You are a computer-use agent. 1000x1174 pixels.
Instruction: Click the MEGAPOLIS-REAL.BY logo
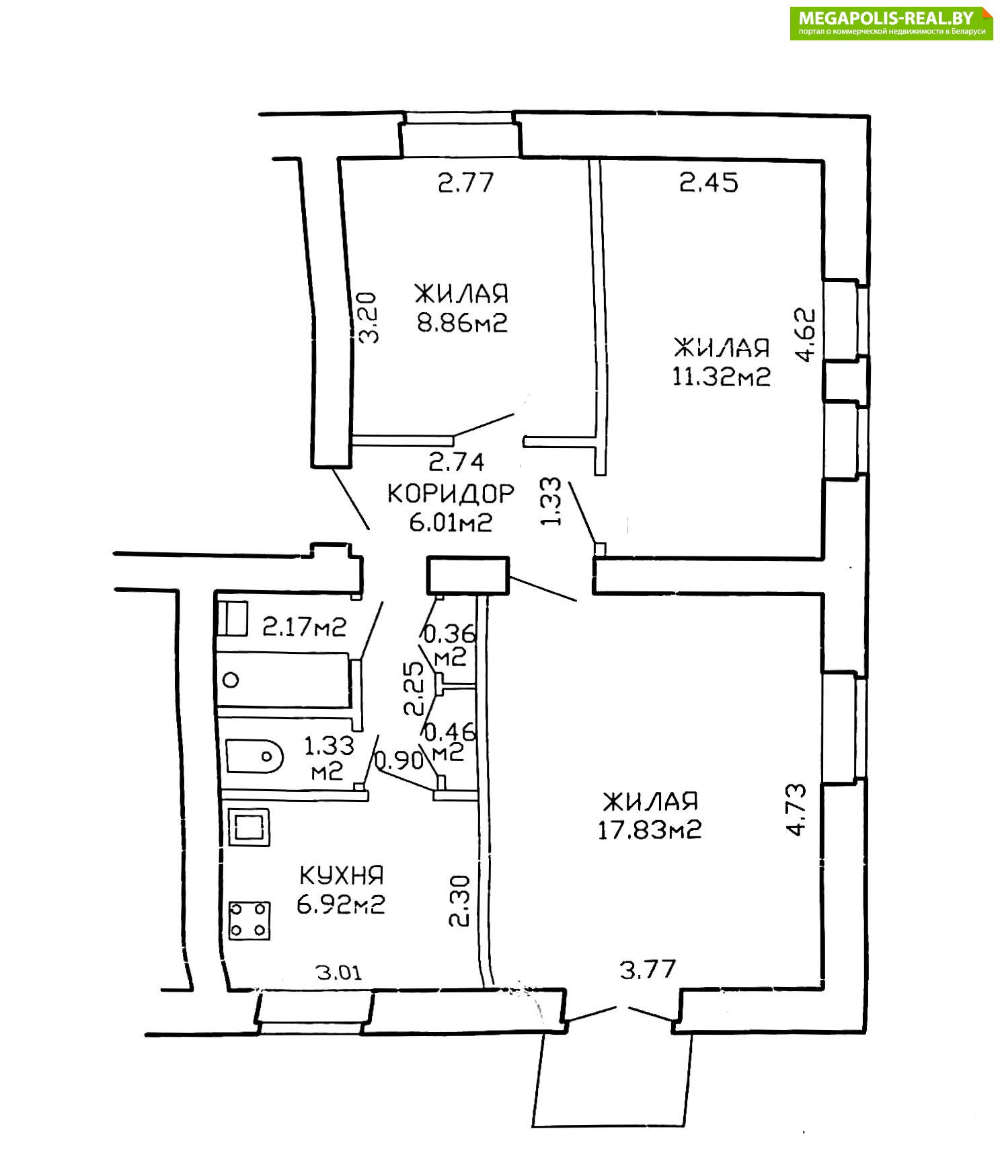892,24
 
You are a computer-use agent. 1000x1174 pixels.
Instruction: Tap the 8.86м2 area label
461,324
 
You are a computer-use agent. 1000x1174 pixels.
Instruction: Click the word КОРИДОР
451,494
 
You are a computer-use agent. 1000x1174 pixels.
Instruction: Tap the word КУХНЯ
341,875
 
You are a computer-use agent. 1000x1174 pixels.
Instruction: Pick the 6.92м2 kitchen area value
340,904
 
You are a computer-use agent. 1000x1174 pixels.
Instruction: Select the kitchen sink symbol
249,827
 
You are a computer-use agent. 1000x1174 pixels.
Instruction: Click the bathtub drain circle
231,680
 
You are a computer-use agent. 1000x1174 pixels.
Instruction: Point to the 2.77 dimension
466,182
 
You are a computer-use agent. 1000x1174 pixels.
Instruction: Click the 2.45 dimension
709,182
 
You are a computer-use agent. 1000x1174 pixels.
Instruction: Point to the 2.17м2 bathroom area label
304,627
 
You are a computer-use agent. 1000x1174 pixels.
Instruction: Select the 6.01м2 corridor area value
451,522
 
